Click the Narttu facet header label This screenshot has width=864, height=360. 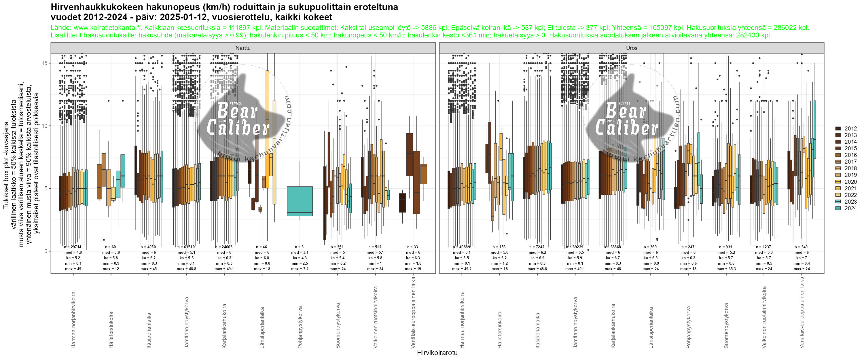[x=243, y=48]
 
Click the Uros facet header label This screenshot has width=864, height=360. [x=631, y=48]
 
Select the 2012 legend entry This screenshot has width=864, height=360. [x=850, y=128]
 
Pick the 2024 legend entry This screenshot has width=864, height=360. [x=850, y=208]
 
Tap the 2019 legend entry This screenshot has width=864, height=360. [x=850, y=175]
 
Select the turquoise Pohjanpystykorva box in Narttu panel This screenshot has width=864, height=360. [x=300, y=201]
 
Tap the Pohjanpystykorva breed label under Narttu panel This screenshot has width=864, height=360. [x=300, y=327]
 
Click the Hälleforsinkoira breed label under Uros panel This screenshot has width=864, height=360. [x=500, y=329]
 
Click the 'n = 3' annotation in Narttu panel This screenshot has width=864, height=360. [x=300, y=247]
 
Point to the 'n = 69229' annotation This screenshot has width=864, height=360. [x=575, y=247]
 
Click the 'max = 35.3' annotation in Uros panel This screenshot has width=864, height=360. [x=726, y=269]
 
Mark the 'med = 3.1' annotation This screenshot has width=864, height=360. [x=300, y=253]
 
